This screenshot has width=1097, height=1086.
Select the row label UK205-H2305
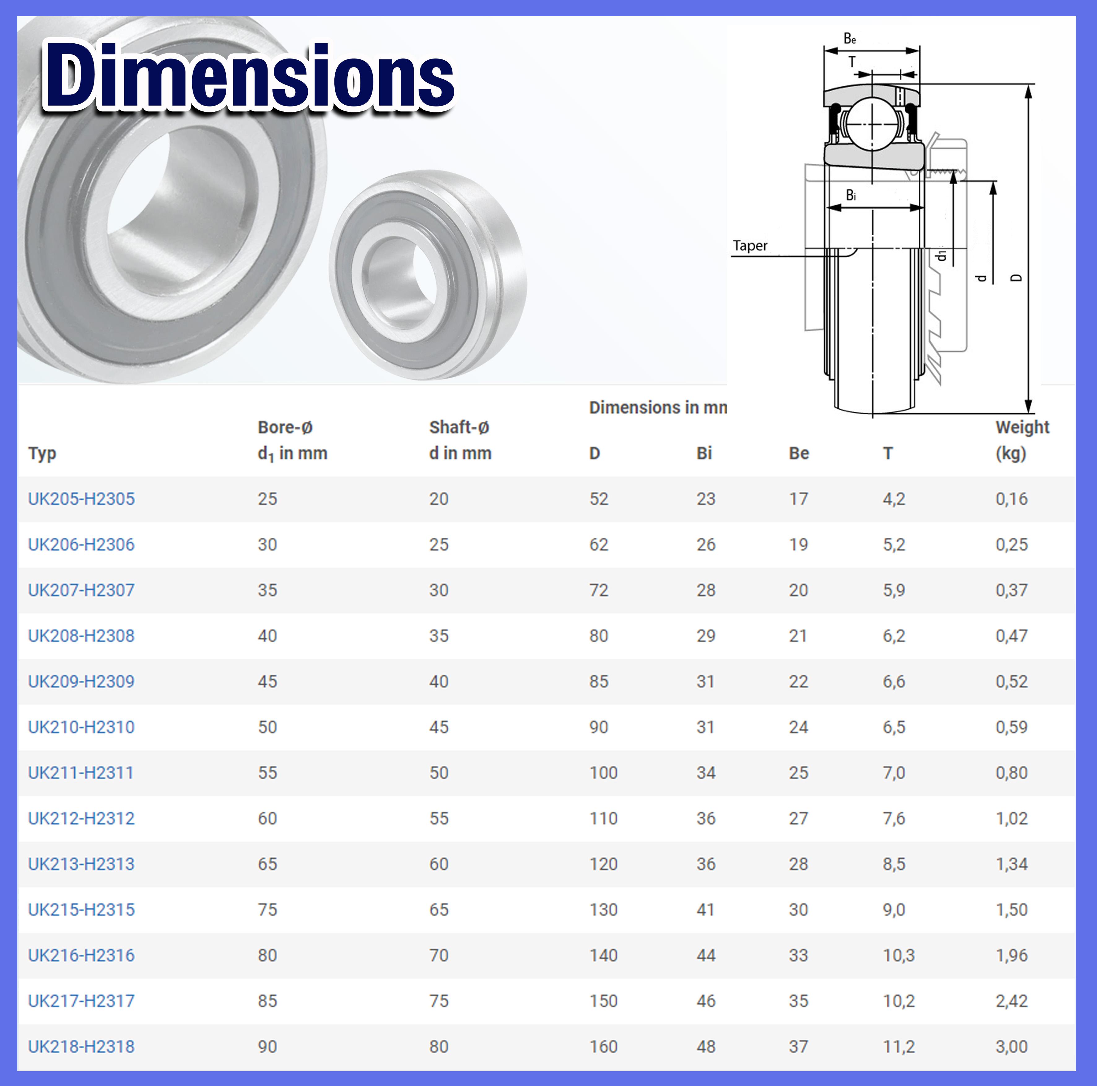coord(81,499)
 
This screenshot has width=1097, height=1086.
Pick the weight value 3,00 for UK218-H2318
coord(1011,1046)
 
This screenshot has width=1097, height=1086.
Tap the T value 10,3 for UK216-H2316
coord(898,955)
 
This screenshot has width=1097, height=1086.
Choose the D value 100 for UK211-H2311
coord(603,773)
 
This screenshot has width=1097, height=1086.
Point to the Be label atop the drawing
coord(849,39)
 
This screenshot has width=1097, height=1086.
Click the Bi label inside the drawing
coord(851,195)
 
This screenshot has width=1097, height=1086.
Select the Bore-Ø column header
coord(292,440)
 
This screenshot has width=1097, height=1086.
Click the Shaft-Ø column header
coord(460,440)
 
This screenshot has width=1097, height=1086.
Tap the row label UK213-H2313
coord(81,864)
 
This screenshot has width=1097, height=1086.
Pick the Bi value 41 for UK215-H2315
coord(705,910)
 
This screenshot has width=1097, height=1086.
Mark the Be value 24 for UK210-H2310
coord(798,727)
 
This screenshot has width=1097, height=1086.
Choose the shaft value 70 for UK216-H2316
coord(438,955)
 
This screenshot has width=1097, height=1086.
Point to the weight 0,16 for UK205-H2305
coord(1011,499)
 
